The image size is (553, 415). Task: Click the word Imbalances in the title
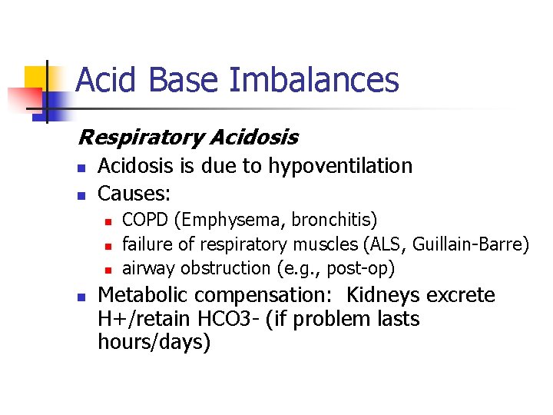335,80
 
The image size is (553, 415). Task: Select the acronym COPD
146,221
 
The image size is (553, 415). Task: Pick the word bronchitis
334,221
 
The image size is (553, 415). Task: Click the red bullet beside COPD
109,222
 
